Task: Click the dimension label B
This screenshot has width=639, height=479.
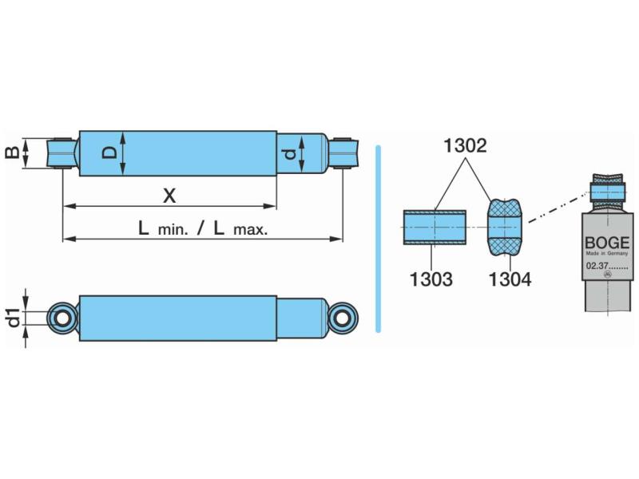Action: [x=12, y=153]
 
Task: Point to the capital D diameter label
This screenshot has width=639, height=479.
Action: [x=109, y=153]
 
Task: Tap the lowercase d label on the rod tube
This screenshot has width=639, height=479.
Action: [x=289, y=154]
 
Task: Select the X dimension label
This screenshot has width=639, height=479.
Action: [x=169, y=196]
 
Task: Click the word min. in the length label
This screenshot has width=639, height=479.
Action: [x=173, y=230]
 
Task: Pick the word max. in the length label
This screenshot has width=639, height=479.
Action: [x=251, y=230]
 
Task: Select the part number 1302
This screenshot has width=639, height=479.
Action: [x=465, y=145]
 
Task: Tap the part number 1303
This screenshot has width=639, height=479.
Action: [x=431, y=279]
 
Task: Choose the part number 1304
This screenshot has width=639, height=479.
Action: [x=510, y=279]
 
